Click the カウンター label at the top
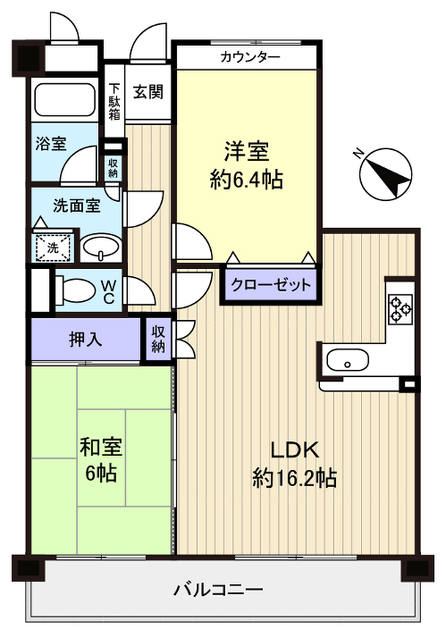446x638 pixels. coord(250,57)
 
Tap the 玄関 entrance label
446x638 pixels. coord(148,92)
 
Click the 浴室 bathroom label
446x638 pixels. coord(50,144)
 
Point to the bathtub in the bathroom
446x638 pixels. coord(63,101)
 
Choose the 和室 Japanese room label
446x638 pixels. coord(100,444)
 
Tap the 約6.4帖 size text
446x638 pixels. coord(247,180)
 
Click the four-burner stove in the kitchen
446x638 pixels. coord(400,308)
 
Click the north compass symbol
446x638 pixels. coord(385,171)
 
